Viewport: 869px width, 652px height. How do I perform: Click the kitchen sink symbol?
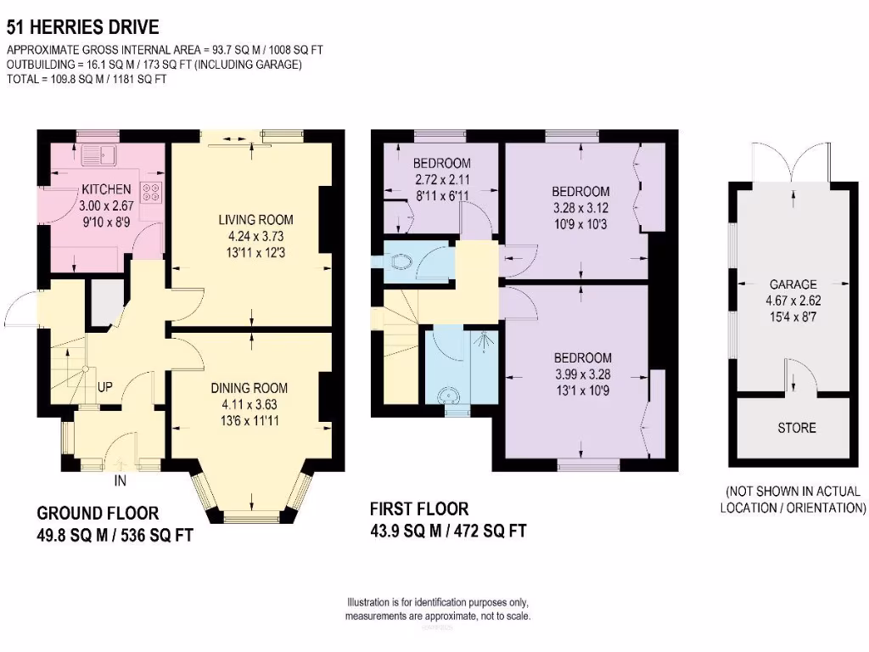click(98, 155)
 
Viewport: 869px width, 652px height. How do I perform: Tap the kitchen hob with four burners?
click(151, 192)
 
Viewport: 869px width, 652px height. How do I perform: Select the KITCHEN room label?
click(106, 189)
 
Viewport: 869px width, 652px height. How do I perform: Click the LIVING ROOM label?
click(255, 220)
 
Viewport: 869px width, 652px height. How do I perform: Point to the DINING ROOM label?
click(249, 388)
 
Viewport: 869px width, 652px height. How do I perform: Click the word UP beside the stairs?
click(104, 387)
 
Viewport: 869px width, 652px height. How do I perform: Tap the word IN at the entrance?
click(121, 481)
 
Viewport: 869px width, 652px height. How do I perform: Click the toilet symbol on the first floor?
click(401, 261)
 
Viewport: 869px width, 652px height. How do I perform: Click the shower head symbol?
click(485, 341)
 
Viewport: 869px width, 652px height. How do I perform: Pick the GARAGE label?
click(793, 284)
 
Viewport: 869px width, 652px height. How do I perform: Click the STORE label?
click(797, 428)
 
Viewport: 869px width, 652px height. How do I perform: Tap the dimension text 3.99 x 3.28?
click(583, 374)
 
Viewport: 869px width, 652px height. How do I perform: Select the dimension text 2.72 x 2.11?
click(442, 180)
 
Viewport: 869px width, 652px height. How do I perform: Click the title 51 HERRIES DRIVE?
click(82, 26)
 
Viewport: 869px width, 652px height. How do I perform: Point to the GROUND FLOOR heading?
click(98, 513)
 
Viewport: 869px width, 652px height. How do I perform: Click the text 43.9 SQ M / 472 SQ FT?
click(448, 531)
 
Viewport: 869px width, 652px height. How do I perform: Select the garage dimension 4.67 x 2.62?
click(793, 301)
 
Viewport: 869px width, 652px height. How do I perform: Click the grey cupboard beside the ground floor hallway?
click(108, 303)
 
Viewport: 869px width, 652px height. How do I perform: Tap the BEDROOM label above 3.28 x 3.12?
click(580, 192)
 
